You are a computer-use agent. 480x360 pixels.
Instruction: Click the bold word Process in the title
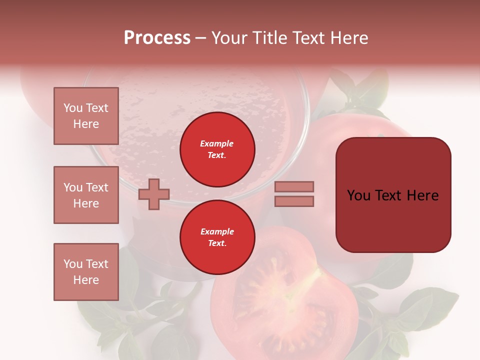[x=157, y=38]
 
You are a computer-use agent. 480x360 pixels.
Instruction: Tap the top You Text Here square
[x=86, y=116]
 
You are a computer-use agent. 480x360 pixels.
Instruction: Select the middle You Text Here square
[x=86, y=195]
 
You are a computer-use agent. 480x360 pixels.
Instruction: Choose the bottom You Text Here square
[x=86, y=272]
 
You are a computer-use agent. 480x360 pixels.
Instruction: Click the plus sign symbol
[x=154, y=194]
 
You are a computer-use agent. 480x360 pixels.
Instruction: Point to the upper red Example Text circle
[x=217, y=149]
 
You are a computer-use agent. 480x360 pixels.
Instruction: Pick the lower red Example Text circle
[x=217, y=237]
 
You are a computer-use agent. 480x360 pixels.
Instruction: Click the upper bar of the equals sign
[x=294, y=186]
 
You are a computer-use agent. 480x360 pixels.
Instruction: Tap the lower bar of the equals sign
[x=294, y=201]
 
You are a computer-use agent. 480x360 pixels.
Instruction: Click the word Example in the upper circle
[x=217, y=143]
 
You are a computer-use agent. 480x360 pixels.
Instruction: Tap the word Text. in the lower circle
[x=217, y=243]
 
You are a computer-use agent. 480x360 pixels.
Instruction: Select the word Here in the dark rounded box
[x=422, y=195]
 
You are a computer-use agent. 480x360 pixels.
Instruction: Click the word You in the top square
[x=73, y=108]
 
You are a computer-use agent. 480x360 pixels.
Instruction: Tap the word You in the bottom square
[x=73, y=264]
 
